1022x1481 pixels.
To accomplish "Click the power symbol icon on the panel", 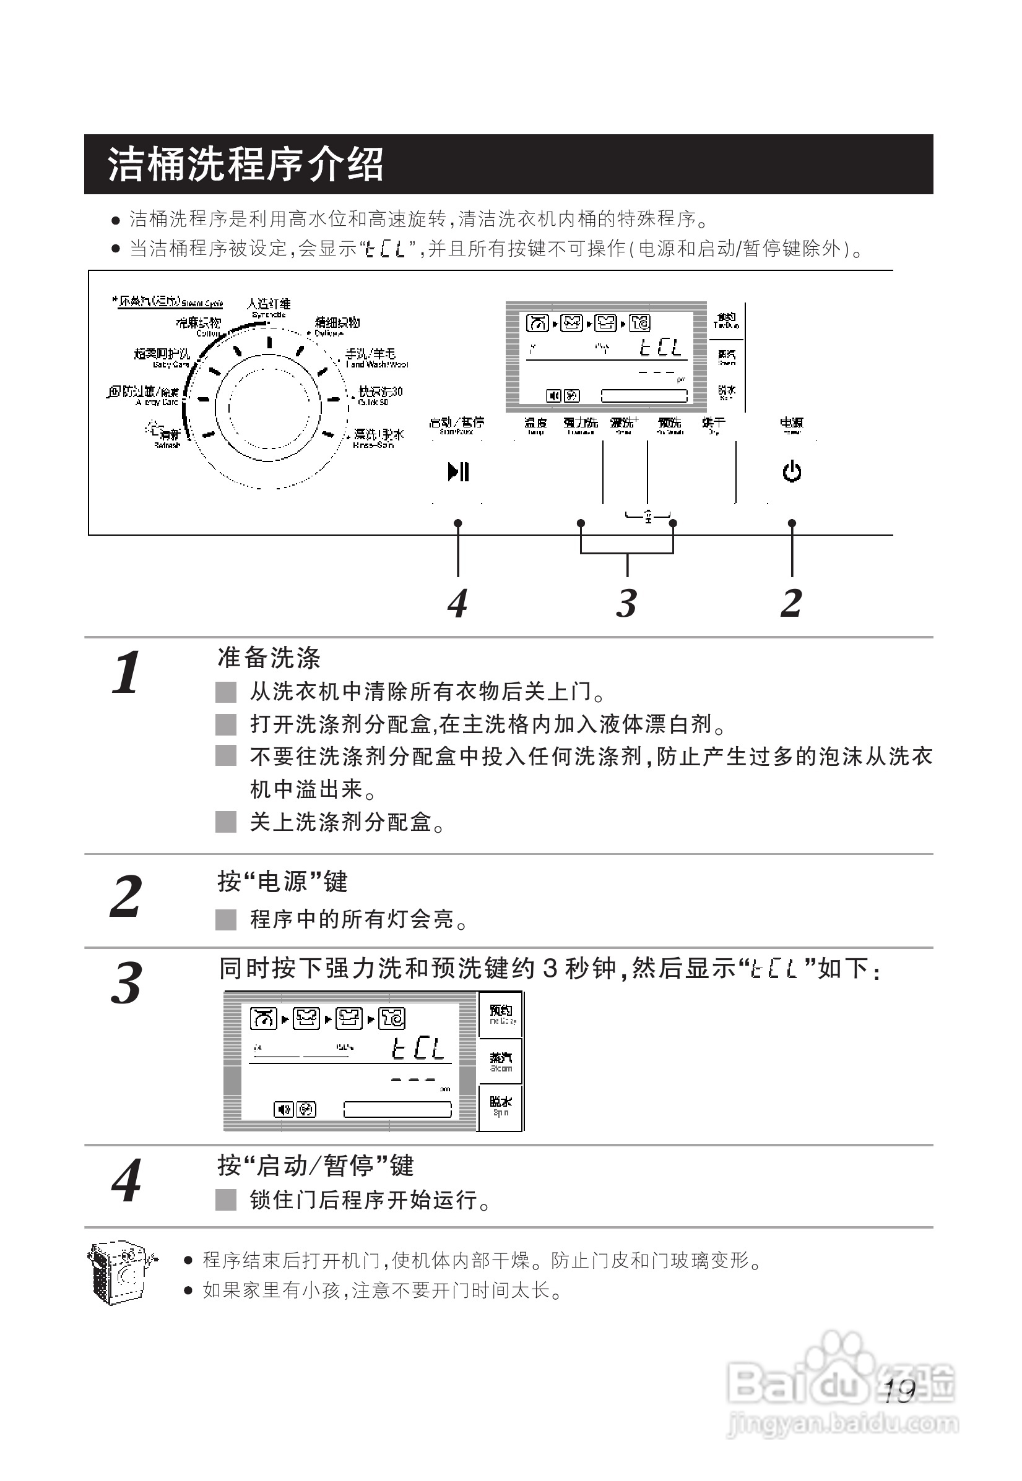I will point(792,473).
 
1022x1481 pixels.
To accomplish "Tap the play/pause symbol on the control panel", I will point(459,473).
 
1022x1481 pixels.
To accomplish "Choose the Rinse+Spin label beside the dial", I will point(378,438).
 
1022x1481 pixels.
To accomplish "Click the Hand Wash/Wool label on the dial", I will point(375,358).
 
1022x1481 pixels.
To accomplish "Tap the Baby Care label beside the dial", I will point(163,357).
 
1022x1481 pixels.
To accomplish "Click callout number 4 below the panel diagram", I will point(457,603).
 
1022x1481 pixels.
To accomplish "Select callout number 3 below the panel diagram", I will point(626,603).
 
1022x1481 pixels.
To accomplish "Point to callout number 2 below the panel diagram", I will point(792,603).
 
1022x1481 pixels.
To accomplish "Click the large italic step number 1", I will point(126,672).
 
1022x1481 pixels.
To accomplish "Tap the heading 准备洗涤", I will point(269,658).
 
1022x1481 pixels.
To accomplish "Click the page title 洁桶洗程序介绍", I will point(246,165).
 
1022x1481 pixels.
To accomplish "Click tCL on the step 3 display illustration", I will point(417,1049).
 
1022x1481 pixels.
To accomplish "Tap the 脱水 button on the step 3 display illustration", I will point(501,1105).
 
